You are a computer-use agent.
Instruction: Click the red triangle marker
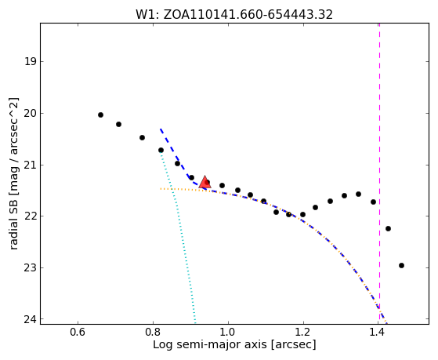(205, 182)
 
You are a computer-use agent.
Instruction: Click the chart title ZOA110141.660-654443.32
(248, 15)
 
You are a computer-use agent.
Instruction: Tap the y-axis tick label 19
(31, 61)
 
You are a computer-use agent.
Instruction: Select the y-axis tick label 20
(31, 113)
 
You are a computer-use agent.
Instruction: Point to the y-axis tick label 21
(31, 165)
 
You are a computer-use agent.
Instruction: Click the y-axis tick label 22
(31, 216)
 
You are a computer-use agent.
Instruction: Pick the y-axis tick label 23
(31, 267)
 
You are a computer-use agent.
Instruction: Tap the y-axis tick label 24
(31, 319)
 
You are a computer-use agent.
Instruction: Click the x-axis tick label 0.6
(78, 333)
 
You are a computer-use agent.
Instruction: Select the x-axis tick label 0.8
(153, 333)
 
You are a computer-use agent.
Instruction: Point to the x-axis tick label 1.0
(228, 333)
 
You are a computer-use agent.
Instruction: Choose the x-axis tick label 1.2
(303, 333)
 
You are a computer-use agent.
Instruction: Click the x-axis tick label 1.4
(378, 333)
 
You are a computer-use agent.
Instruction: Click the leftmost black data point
(100, 115)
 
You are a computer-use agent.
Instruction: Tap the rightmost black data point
(401, 265)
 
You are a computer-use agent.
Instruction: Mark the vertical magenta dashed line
(379, 173)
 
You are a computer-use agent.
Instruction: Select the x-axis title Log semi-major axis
(210, 344)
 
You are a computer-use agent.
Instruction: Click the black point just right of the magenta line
(388, 228)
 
